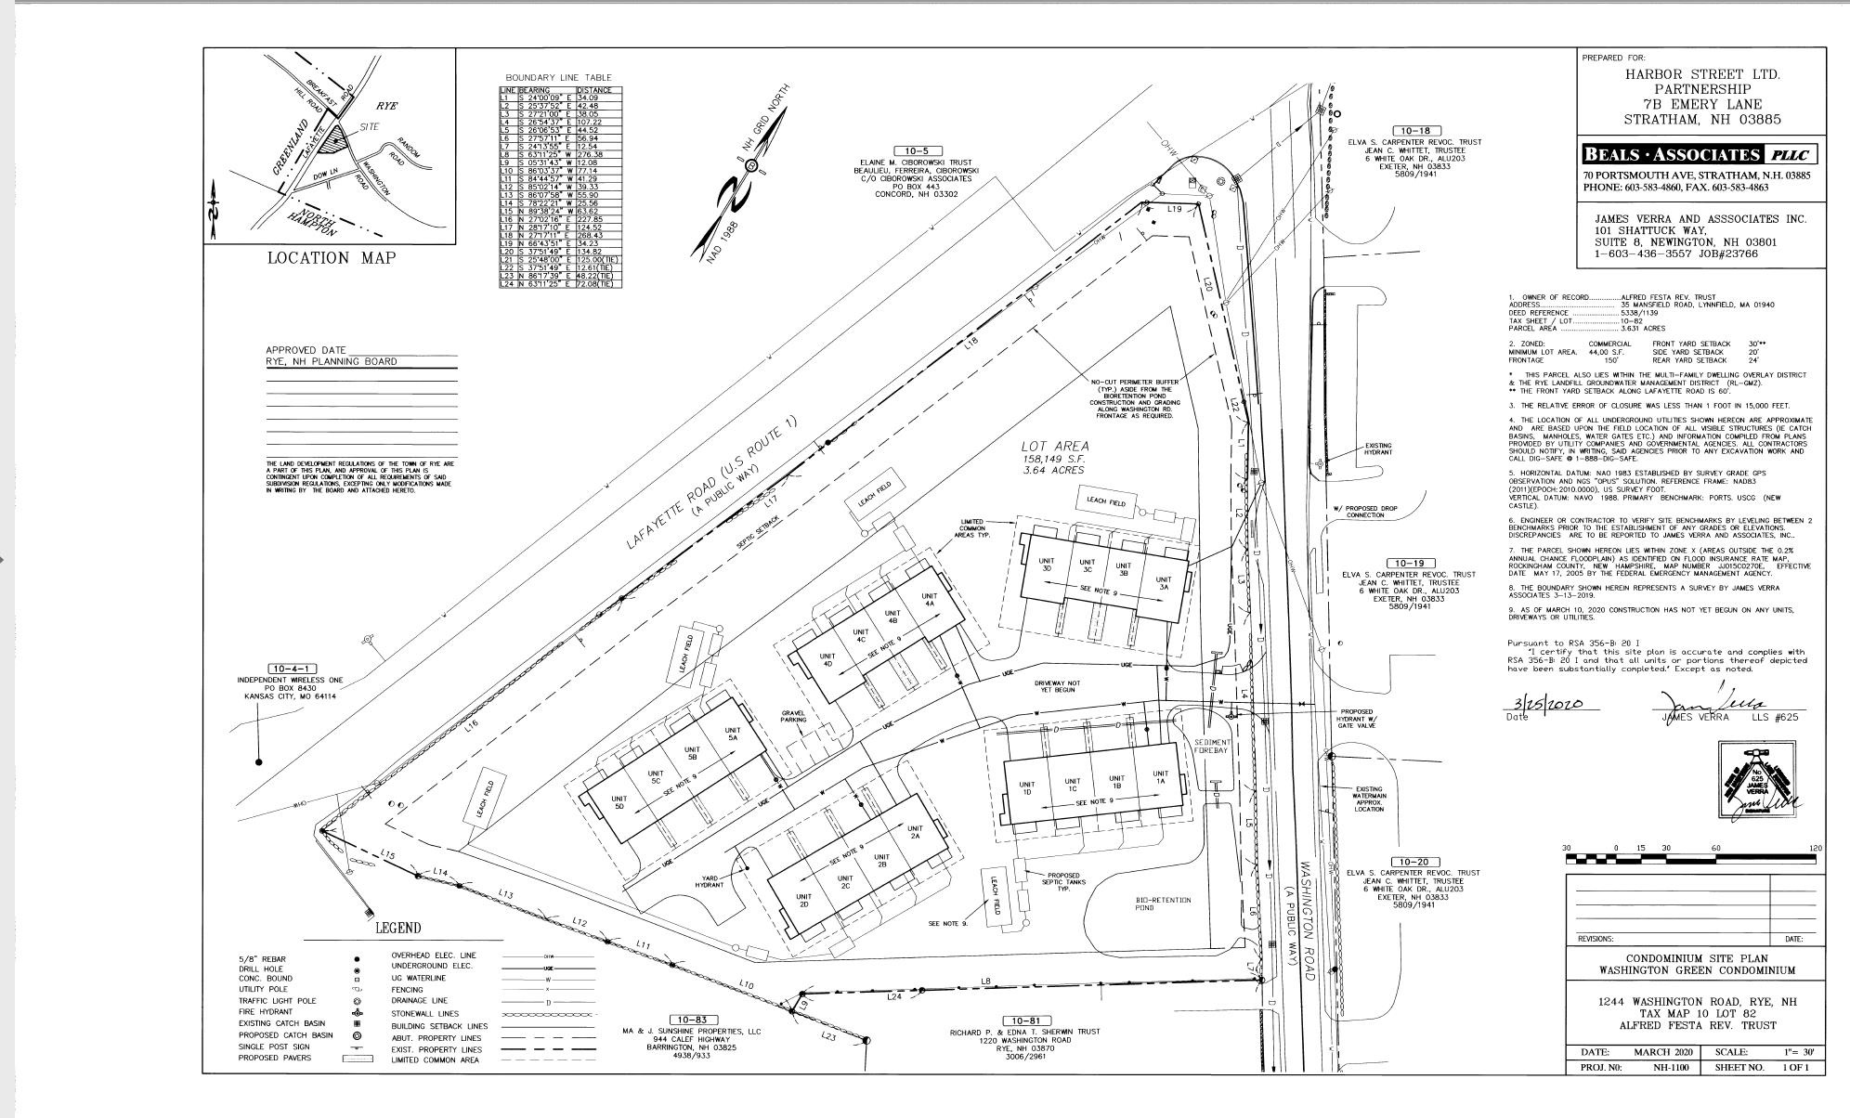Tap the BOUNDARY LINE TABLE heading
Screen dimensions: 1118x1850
click(558, 77)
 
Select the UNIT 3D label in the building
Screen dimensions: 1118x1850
click(1046, 565)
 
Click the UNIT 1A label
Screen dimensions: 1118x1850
click(1160, 778)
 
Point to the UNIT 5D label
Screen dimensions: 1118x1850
click(619, 803)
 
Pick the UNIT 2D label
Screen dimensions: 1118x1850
click(804, 901)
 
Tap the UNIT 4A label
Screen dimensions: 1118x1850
click(929, 600)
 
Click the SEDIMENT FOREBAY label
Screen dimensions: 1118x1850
click(1212, 747)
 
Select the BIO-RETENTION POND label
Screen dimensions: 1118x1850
click(1163, 903)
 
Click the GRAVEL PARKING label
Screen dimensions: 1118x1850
click(793, 718)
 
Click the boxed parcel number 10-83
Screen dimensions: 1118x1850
click(692, 1020)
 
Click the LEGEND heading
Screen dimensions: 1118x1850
click(397, 928)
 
